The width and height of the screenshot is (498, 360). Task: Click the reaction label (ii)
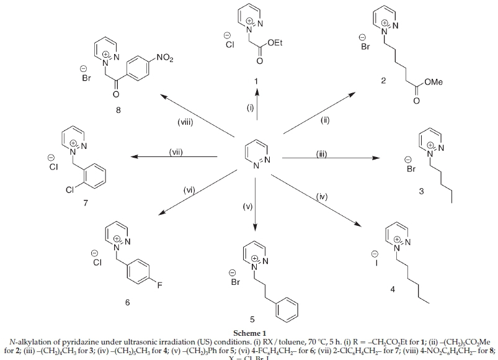click(x=325, y=121)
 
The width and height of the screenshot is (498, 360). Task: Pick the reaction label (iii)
click(x=320, y=154)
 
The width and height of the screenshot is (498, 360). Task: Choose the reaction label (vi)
click(x=189, y=191)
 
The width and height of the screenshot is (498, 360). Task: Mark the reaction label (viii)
click(x=186, y=122)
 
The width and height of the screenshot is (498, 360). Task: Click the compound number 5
click(x=252, y=320)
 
